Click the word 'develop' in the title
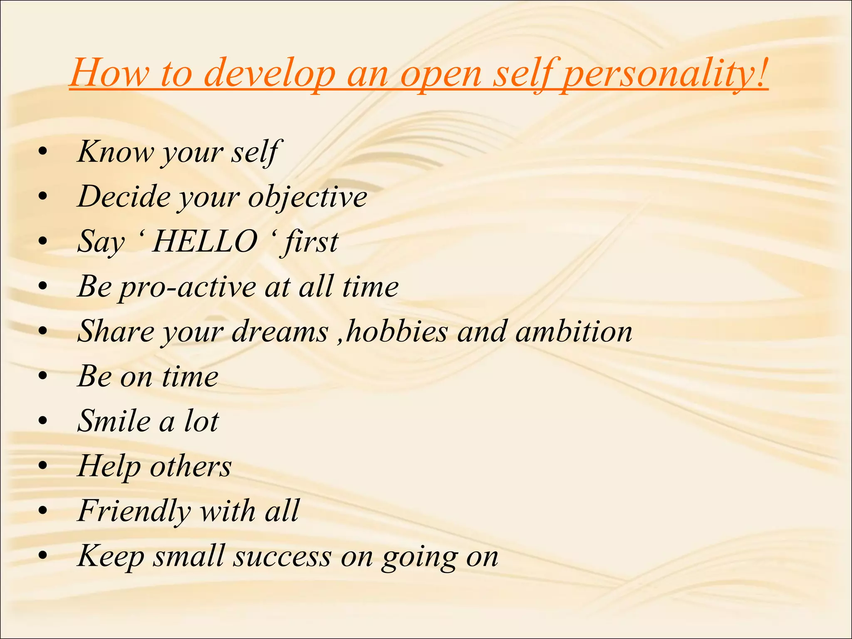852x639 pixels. (x=270, y=74)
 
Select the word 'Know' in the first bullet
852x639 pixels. (x=115, y=152)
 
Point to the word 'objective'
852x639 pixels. (x=307, y=197)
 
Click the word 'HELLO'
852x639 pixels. (x=205, y=242)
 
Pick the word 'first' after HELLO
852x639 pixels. (x=311, y=242)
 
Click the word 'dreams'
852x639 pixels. (x=280, y=332)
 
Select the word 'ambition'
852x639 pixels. (x=574, y=332)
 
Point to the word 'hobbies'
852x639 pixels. (x=396, y=332)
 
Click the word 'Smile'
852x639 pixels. (x=114, y=421)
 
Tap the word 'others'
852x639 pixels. (x=191, y=466)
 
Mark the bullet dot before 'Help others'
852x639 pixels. (x=43, y=466)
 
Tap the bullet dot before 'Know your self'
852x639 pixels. (x=43, y=152)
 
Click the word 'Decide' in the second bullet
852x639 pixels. (x=124, y=197)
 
